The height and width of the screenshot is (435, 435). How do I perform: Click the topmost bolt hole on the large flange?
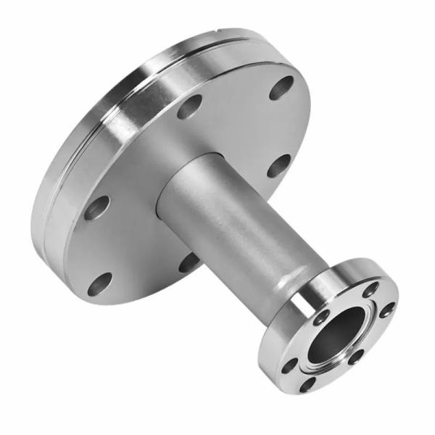pos(282,88)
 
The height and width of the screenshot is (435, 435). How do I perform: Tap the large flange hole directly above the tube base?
pos(189,107)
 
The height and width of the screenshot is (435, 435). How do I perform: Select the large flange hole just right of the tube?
pos(278,166)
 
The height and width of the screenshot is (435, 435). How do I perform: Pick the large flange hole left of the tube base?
pos(96,208)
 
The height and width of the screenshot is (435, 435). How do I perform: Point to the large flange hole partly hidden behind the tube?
pos(189,262)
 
